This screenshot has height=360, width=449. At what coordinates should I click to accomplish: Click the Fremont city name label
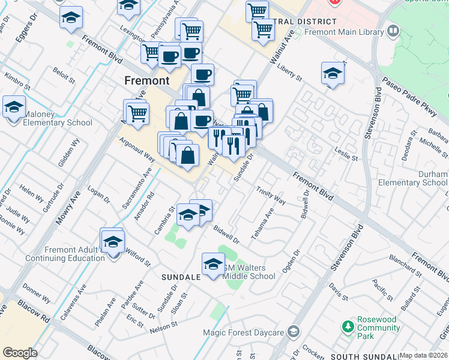click(x=147, y=80)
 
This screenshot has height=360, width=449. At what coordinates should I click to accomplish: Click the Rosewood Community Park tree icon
click(x=348, y=327)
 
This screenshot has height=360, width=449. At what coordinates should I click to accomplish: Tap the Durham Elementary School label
click(x=424, y=178)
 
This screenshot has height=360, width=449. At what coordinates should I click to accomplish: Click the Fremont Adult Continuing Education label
click(x=65, y=254)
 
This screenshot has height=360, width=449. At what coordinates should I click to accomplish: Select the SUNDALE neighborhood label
click(x=181, y=278)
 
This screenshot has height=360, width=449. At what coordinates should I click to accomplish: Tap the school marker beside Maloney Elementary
click(x=14, y=107)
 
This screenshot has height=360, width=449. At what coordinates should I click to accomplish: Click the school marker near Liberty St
click(x=333, y=74)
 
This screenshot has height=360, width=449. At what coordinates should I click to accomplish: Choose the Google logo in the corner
click(x=20, y=353)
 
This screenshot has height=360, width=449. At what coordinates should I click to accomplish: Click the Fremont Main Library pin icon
click(x=394, y=30)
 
